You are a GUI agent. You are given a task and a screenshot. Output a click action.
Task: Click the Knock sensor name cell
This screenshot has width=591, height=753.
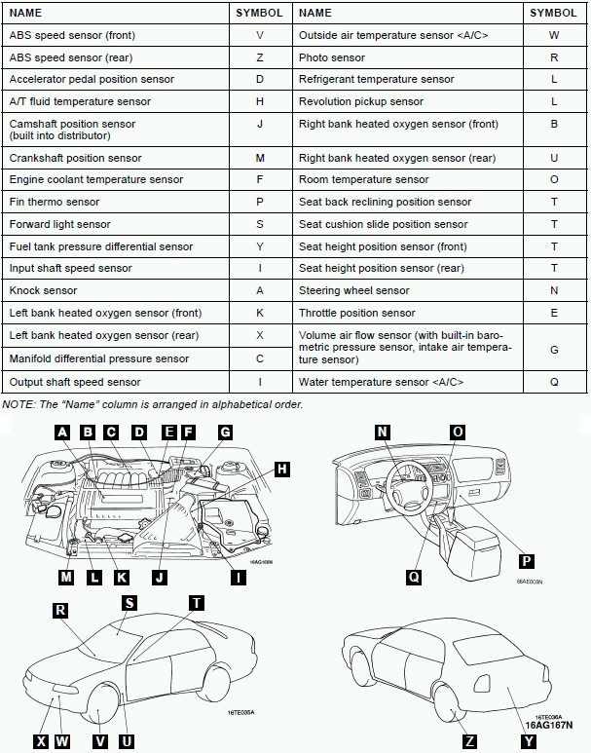pyautogui.click(x=43, y=290)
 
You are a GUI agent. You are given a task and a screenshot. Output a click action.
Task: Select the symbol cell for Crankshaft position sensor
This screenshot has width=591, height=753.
pyautogui.click(x=260, y=158)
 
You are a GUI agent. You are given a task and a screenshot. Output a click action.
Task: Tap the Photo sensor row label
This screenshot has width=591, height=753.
pyautogui.click(x=332, y=57)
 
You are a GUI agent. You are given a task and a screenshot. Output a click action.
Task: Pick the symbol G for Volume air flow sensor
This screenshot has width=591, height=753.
pyautogui.click(x=554, y=348)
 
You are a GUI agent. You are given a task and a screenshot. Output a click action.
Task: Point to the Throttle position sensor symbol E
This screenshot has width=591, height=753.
pyautogui.click(x=554, y=313)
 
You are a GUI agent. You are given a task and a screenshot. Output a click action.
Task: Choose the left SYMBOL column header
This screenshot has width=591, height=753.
pyautogui.click(x=260, y=13)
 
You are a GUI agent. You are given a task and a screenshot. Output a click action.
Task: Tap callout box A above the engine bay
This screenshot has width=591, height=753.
pyautogui.click(x=63, y=433)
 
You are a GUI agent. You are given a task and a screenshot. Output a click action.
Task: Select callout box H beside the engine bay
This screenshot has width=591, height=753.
pyautogui.click(x=281, y=470)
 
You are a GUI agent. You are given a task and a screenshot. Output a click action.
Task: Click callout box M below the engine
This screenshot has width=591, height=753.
pyautogui.click(x=66, y=577)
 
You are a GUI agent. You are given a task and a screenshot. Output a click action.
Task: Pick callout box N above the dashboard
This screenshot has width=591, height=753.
pyautogui.click(x=383, y=433)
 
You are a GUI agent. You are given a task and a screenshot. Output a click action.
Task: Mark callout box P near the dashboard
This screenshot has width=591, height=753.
pyautogui.click(x=526, y=561)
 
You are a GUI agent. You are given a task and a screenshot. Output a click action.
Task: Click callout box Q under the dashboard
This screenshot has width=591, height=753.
pyautogui.click(x=414, y=577)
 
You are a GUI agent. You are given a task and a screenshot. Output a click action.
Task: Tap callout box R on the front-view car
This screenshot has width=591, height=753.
pyautogui.click(x=61, y=610)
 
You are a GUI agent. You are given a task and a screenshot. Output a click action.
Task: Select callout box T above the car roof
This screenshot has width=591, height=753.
pyautogui.click(x=197, y=603)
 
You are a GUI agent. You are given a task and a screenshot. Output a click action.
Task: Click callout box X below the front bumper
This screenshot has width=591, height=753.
pyautogui.click(x=41, y=741)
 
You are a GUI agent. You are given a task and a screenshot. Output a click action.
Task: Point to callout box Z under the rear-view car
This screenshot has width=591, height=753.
pyautogui.click(x=470, y=741)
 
